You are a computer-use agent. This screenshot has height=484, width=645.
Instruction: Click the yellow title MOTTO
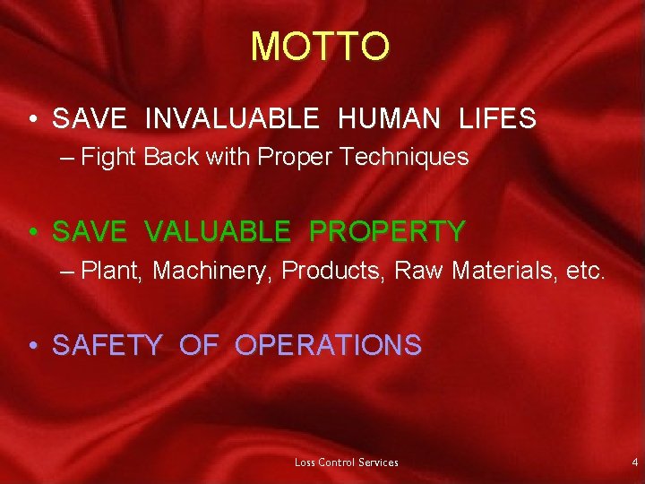pos(320,47)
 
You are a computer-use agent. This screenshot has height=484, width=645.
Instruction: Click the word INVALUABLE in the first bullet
pos(231,118)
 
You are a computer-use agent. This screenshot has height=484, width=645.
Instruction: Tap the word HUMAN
pos(389,118)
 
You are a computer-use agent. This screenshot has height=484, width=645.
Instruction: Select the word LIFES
pos(497,118)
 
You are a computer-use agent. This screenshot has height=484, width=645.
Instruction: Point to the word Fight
pos(107,158)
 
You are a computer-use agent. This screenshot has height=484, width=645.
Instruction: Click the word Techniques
pos(409,158)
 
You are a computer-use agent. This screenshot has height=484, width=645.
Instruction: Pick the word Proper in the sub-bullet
pos(293,158)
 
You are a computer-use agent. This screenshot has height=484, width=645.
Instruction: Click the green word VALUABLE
pos(217,232)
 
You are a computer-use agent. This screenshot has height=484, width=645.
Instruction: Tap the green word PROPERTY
pos(387,232)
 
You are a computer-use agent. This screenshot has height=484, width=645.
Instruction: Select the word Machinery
pos(213,272)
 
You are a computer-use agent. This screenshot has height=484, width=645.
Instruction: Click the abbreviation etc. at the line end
pos(585,271)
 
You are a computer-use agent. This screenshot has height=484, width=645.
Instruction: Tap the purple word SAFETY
pos(107,345)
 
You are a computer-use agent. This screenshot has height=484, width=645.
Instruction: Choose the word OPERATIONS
pos(328,345)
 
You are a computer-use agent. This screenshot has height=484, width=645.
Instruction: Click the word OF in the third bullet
pos(198,345)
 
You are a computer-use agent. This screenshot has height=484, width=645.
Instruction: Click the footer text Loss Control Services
pos(347,462)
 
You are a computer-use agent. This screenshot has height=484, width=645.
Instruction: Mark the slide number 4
pos(634,462)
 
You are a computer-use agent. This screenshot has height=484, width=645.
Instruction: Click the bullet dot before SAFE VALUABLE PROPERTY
pos(32,233)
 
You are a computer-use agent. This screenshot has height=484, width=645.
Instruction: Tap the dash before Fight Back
pos(71,159)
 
